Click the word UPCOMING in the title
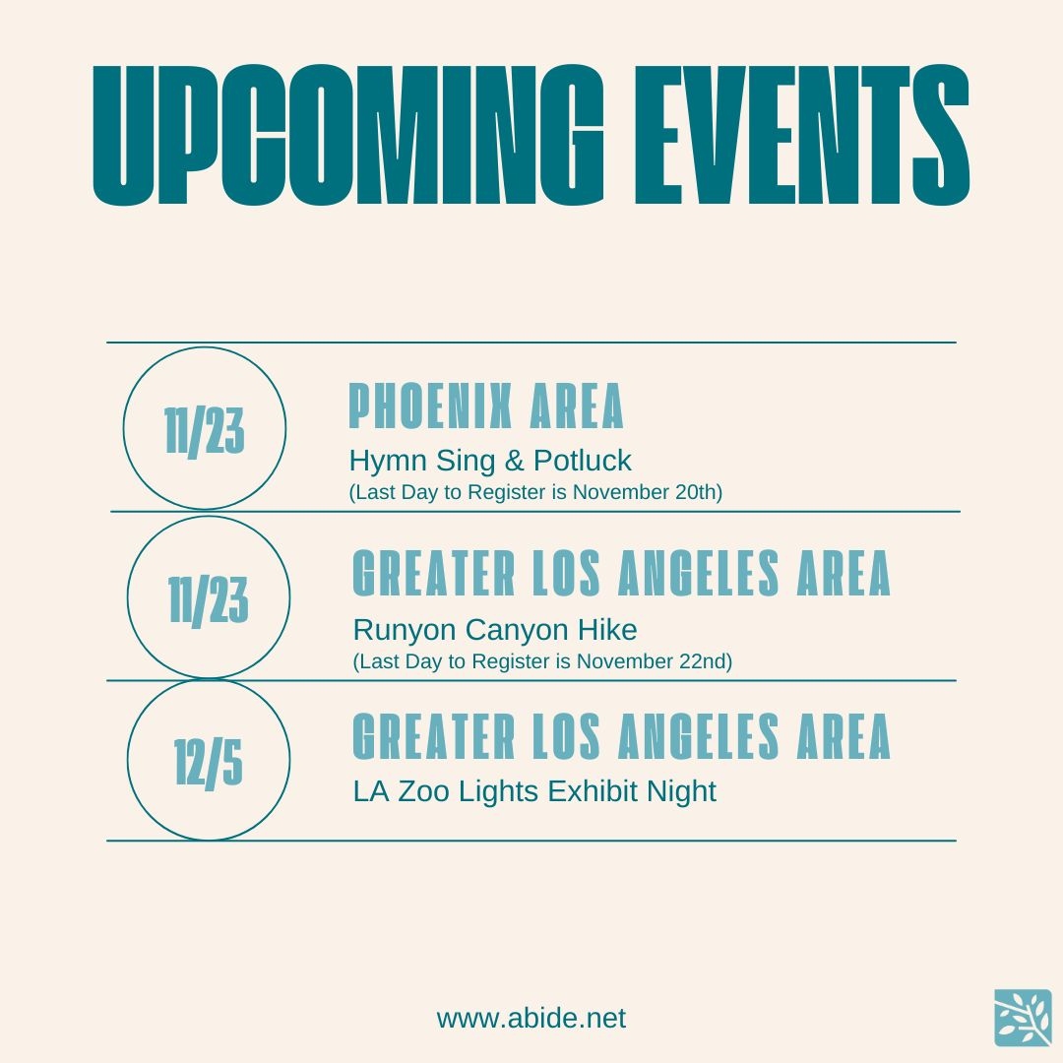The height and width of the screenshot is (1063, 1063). click(x=347, y=135)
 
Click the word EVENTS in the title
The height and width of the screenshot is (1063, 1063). click(x=803, y=135)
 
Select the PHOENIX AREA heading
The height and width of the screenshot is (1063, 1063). click(x=486, y=406)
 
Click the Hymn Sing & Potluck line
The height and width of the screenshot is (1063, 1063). click(x=490, y=461)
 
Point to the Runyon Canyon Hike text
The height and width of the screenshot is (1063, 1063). click(x=495, y=631)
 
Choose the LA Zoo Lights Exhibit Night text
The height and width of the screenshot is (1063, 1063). click(x=534, y=791)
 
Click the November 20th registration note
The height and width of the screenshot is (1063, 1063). click(x=535, y=492)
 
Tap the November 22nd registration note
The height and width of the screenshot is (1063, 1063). click(x=542, y=661)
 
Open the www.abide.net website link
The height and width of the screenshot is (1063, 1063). click(x=531, y=1019)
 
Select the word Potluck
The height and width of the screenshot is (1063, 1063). click(x=583, y=461)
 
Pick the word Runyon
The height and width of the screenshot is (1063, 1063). click(x=405, y=631)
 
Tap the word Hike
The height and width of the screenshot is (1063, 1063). click(x=607, y=630)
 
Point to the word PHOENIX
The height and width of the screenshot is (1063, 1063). click(x=430, y=406)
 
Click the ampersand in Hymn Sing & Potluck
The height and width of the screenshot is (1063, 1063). click(x=515, y=461)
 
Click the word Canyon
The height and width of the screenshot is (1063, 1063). click(x=517, y=631)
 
